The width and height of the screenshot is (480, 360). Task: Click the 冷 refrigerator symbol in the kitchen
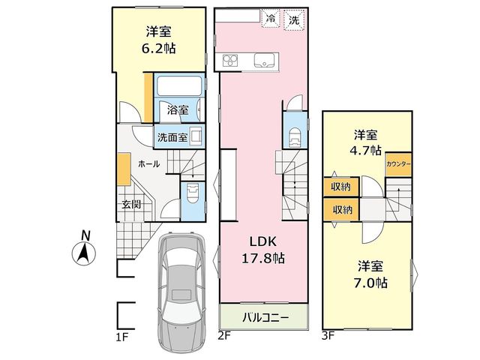[270, 19]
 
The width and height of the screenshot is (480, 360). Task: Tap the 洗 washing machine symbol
[294, 20]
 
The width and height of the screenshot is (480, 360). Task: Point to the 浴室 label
[178, 110]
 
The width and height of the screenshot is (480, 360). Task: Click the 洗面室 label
[172, 137]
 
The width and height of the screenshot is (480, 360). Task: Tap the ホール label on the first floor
[149, 164]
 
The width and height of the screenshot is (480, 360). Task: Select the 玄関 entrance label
[131, 204]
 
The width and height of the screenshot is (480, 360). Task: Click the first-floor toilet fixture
[193, 193]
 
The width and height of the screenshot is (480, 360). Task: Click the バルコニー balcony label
[265, 317]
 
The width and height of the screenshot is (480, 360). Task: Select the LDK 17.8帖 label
[263, 250]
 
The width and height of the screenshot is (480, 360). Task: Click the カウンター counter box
[398, 164]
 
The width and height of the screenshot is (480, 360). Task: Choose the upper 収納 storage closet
[340, 187]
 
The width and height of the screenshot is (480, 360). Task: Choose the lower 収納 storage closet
[341, 210]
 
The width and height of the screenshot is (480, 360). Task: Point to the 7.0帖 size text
[371, 283]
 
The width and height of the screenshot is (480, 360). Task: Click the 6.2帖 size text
[159, 48]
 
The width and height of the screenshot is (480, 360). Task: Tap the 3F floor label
[328, 337]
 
